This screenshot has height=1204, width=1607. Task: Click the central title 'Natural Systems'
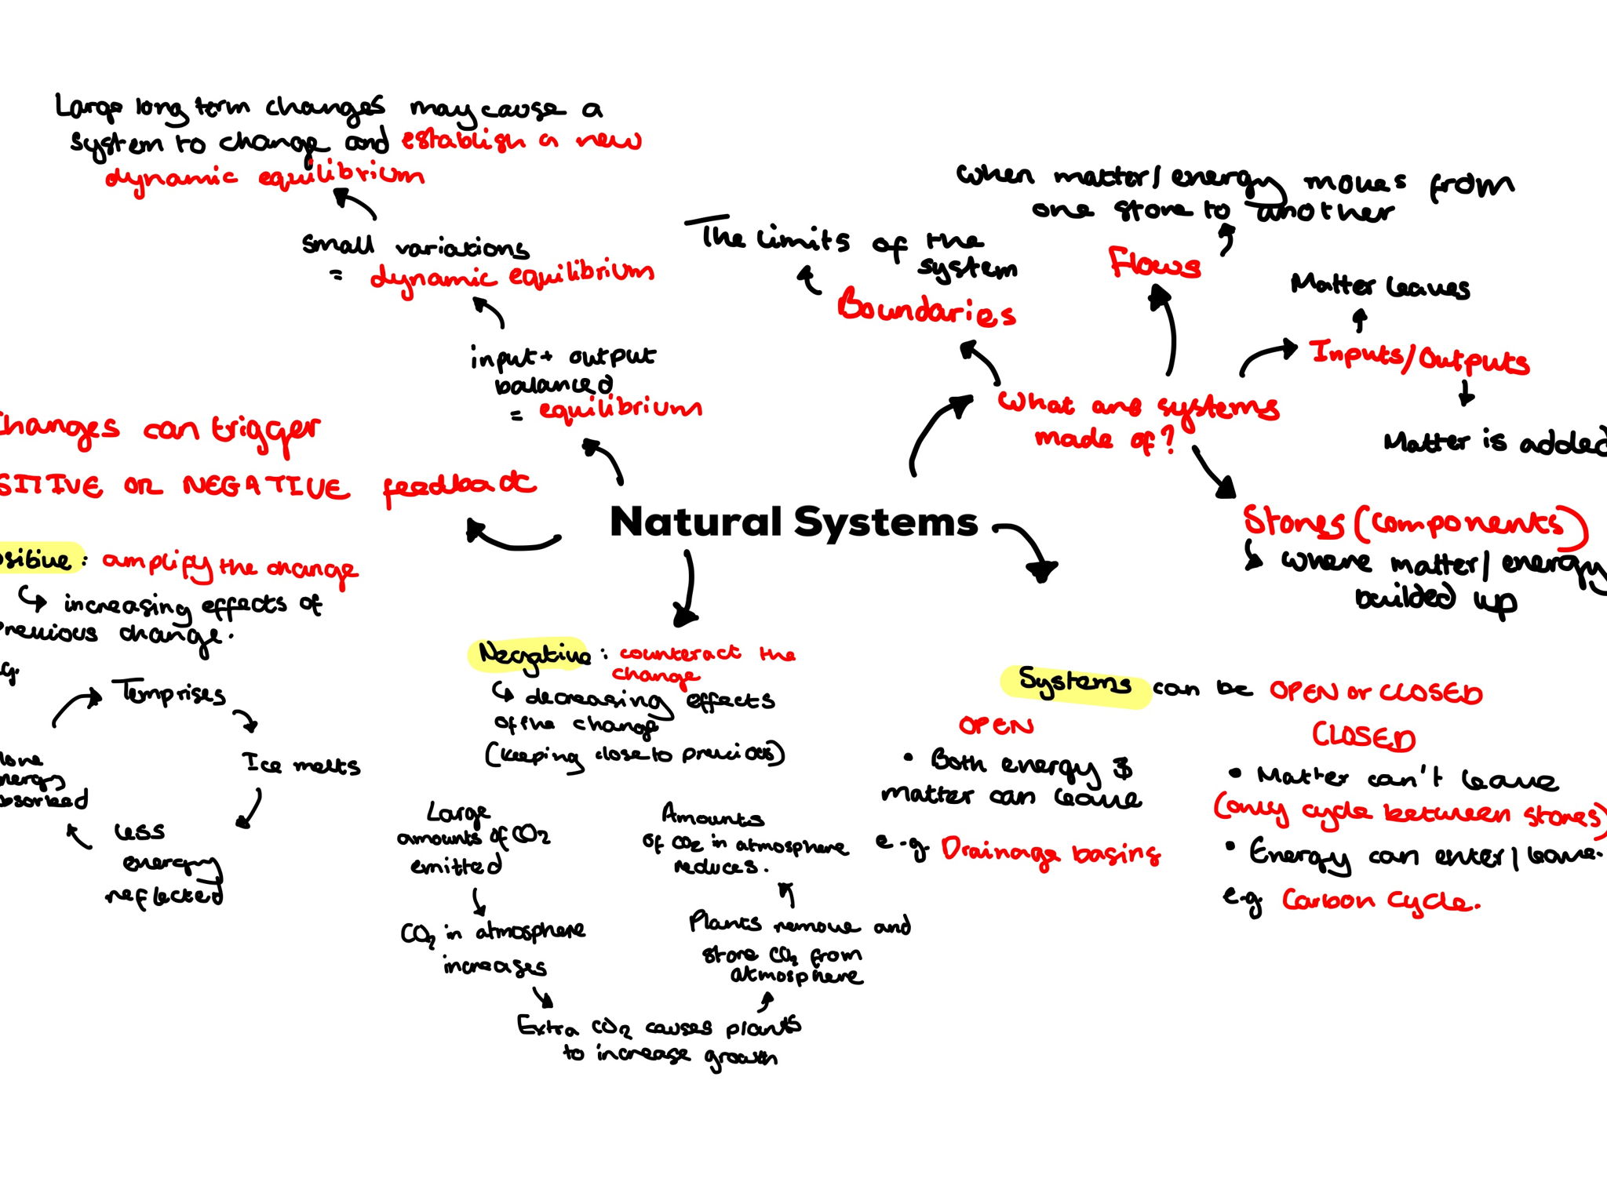(793, 522)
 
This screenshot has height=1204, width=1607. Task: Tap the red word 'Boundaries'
(926, 308)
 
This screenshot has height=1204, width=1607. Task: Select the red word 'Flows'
(1154, 264)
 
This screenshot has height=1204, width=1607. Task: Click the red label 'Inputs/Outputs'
(1419, 358)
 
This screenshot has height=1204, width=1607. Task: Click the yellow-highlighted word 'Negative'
(533, 654)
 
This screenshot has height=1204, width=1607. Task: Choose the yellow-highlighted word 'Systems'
(1073, 683)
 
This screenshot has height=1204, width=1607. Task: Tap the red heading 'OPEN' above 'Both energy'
(996, 726)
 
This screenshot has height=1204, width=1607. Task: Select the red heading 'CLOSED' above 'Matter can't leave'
(1364, 737)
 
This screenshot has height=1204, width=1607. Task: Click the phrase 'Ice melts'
(301, 763)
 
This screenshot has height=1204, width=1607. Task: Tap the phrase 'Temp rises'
(169, 693)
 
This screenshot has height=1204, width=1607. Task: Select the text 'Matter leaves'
(1379, 286)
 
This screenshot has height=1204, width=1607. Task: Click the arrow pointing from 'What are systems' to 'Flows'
(1168, 329)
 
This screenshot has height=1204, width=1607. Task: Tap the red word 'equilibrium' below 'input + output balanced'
(619, 409)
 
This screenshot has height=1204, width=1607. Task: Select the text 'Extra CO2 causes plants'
(658, 1027)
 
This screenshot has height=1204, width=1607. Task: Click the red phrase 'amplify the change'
(229, 566)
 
